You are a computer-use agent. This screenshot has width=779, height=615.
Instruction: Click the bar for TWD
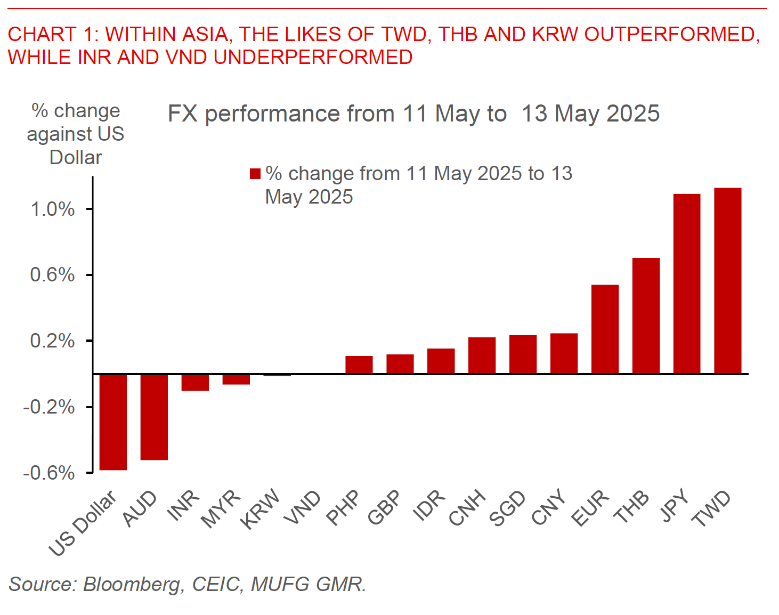point(727,281)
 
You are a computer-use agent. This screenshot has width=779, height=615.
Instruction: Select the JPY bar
point(687,284)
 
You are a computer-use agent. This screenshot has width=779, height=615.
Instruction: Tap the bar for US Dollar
point(113,422)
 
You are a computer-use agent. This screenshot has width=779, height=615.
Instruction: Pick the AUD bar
point(154,417)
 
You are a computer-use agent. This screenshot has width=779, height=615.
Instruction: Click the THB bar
point(646,315)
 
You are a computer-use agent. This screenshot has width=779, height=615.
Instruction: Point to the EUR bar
point(605,329)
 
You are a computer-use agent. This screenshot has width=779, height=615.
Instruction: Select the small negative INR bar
point(195,383)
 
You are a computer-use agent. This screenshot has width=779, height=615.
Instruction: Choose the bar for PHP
point(359,365)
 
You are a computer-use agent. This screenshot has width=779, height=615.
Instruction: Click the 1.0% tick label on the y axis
point(52,209)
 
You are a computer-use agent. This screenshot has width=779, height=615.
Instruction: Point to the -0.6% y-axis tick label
point(48,473)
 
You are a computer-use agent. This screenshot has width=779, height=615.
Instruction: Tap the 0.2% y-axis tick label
point(52,341)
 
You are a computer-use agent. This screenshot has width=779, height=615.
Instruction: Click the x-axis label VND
point(303,507)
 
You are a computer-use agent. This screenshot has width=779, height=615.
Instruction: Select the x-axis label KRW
point(261,509)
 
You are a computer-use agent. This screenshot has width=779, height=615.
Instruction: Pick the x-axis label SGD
point(507,508)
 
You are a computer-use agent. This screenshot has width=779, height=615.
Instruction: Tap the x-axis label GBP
point(384,507)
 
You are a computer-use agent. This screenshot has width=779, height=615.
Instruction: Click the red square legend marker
point(255,174)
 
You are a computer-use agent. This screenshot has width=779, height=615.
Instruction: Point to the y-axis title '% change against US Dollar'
point(76,134)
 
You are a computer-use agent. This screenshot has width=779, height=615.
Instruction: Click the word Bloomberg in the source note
point(132,584)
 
